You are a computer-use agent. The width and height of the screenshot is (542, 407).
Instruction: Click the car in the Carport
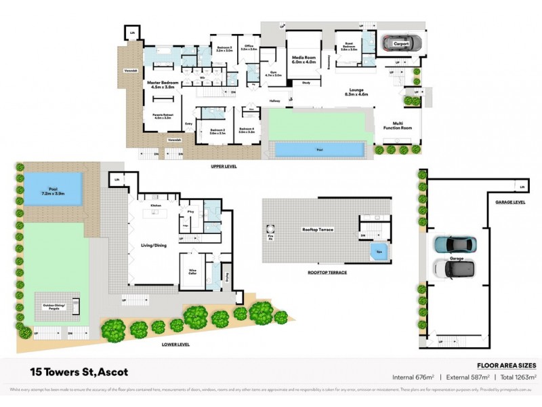pos(401,43)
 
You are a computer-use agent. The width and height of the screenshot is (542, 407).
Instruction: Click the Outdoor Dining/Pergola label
pos(55,307)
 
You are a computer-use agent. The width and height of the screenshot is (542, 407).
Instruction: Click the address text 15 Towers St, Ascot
pos(79,372)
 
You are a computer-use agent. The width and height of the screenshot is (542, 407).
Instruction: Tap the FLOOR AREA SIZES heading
pos(507,364)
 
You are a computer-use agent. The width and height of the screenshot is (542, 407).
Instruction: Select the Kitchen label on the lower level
pos(155,203)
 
